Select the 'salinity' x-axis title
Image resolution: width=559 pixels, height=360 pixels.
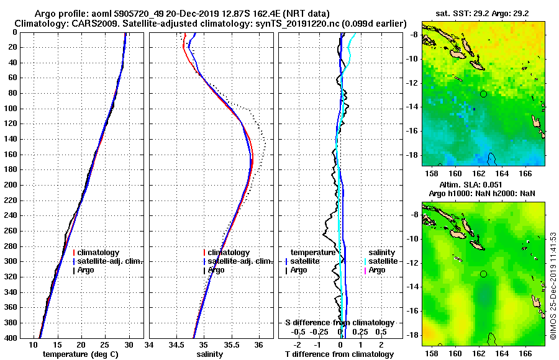tap(211, 354)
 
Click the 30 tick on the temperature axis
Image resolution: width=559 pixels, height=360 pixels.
tap(129, 344)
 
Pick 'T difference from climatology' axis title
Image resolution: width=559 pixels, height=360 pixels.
tap(339, 354)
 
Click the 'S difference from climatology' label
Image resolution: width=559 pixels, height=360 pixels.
tap(340, 323)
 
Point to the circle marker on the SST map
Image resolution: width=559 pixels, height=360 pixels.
tap(483, 94)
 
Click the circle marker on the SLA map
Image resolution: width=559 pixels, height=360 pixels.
tap(483, 274)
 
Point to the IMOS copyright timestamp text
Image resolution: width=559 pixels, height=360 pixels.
tap(553, 286)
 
